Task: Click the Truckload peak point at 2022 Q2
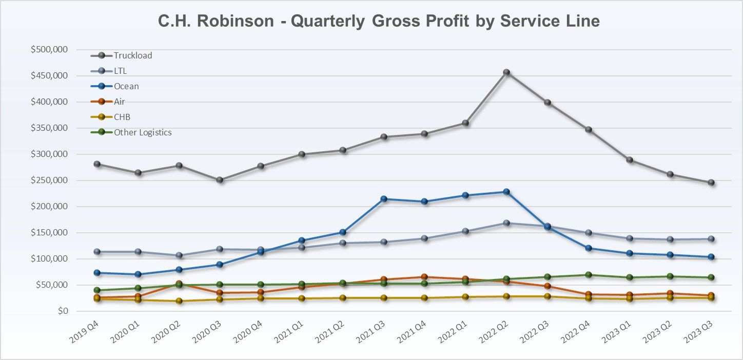(506, 72)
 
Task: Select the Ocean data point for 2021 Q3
(383, 199)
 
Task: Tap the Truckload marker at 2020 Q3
(219, 180)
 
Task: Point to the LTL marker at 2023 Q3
(711, 239)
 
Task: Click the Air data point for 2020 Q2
(178, 283)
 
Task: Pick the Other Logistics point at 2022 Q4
(588, 275)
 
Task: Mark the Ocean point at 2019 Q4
(96, 273)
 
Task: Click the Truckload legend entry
(133, 55)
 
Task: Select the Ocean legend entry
(126, 86)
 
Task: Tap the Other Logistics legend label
(143, 132)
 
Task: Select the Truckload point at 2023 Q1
(629, 160)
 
